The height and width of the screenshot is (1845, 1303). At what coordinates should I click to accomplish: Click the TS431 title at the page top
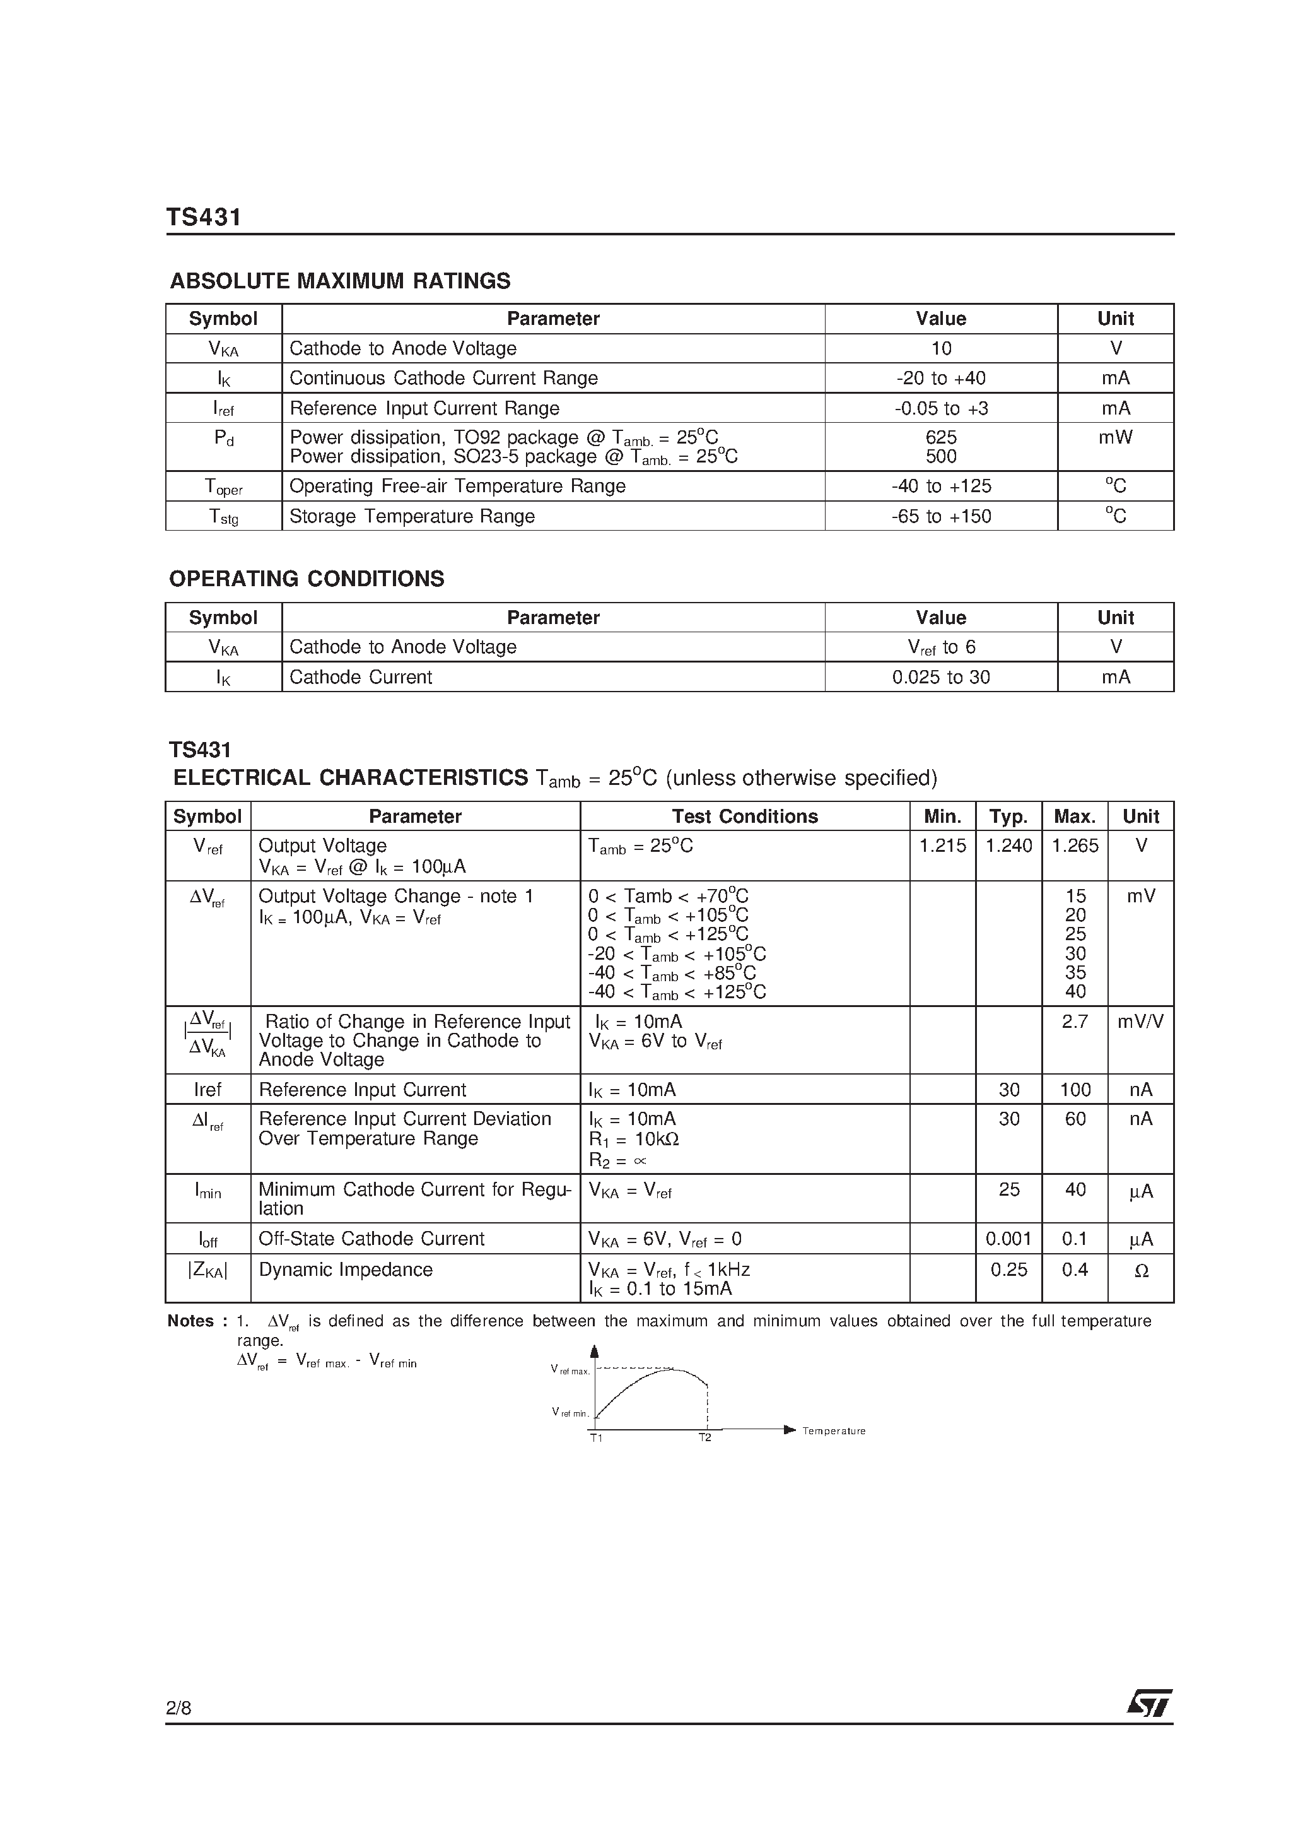pyautogui.click(x=203, y=218)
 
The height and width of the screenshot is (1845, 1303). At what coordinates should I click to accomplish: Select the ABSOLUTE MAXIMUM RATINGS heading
pyautogui.click(x=340, y=281)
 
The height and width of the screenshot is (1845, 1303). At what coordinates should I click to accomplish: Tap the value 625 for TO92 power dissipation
pyautogui.click(x=941, y=438)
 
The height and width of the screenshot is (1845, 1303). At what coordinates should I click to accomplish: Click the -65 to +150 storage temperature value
pyautogui.click(x=941, y=516)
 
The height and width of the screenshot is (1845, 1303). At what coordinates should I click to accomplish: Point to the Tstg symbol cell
pyautogui.click(x=223, y=517)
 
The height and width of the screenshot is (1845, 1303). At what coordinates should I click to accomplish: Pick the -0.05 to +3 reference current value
pyautogui.click(x=941, y=408)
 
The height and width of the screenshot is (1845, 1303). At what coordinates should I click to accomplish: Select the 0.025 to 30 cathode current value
pyautogui.click(x=941, y=678)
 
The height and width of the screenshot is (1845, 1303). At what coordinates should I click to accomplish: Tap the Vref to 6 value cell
pyautogui.click(x=941, y=647)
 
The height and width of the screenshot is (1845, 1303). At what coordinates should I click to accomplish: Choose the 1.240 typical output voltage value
pyautogui.click(x=1008, y=846)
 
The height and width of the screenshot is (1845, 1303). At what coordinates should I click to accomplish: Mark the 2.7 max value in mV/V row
pyautogui.click(x=1074, y=1022)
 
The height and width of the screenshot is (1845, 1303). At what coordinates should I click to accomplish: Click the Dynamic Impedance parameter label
pyautogui.click(x=346, y=1270)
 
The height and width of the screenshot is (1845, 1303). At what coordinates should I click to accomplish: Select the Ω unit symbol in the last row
pyautogui.click(x=1141, y=1271)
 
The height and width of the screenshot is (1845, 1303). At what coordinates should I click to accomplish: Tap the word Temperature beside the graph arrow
pyautogui.click(x=834, y=1431)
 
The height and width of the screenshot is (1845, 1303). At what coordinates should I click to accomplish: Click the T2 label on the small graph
pyautogui.click(x=704, y=1437)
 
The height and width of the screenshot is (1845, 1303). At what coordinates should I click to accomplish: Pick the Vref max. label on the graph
pyautogui.click(x=570, y=1369)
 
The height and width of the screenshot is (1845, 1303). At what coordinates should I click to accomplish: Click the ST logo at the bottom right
pyautogui.click(x=1148, y=1725)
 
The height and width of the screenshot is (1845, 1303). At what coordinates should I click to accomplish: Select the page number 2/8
pyautogui.click(x=178, y=1730)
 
